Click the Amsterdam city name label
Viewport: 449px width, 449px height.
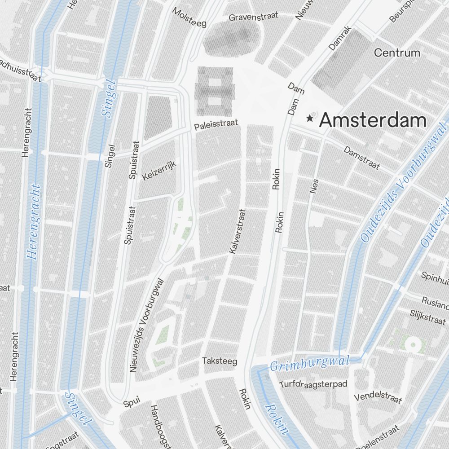point(373,120)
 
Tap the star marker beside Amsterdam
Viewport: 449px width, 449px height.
point(310,119)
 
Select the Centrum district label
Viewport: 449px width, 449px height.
point(397,53)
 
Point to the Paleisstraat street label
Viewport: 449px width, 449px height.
point(216,125)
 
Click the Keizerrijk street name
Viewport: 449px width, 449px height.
point(159,171)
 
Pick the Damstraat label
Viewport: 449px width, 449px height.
point(362,158)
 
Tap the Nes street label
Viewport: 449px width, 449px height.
point(314,185)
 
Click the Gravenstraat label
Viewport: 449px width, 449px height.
point(253,17)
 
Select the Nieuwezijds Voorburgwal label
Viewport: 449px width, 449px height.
point(147,325)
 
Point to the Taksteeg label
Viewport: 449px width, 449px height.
point(220,361)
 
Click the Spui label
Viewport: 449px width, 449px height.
point(132,400)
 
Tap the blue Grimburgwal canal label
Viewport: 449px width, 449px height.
point(309,363)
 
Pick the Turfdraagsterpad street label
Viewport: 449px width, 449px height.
point(313,384)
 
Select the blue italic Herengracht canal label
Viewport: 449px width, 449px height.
point(34,222)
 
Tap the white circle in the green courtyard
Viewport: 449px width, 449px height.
point(412,345)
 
